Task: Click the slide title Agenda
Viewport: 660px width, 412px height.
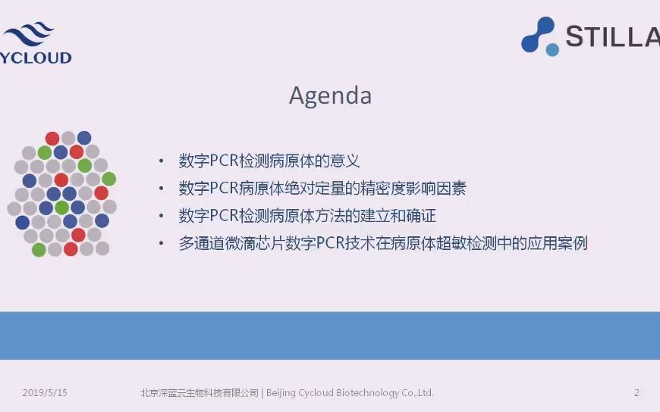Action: coord(330,96)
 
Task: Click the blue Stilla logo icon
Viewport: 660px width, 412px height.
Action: coord(539,36)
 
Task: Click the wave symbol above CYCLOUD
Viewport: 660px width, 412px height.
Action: coord(29,33)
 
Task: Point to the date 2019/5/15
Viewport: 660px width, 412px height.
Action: coord(45,393)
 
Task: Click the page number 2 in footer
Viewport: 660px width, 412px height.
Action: coord(636,393)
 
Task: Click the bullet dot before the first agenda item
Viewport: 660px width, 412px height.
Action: coord(161,161)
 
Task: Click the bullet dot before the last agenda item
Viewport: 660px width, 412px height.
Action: coord(161,244)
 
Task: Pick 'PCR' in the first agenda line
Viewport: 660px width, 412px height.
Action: coord(225,161)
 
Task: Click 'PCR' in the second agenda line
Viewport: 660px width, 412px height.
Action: coord(225,189)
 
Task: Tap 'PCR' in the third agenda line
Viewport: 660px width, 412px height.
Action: coord(225,216)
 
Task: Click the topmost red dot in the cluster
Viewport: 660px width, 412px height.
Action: coord(52,138)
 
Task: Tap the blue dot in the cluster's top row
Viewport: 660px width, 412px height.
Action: coord(84,138)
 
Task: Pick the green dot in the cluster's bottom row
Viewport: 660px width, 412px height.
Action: coord(39,249)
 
